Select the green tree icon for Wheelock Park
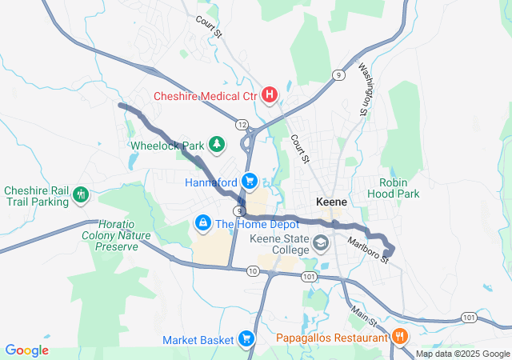pyautogui.click(x=216, y=144)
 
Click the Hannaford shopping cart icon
pyautogui.click(x=250, y=180)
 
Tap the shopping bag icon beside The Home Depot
pyautogui.click(x=203, y=221)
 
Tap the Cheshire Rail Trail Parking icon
pyautogui.click(x=81, y=194)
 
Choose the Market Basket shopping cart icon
pyautogui.click(x=246, y=339)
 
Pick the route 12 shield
pyautogui.click(x=241, y=125)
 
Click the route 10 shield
pyautogui.click(x=253, y=272)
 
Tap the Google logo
pyautogui.click(x=27, y=350)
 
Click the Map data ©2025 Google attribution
pyautogui.click(x=462, y=354)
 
